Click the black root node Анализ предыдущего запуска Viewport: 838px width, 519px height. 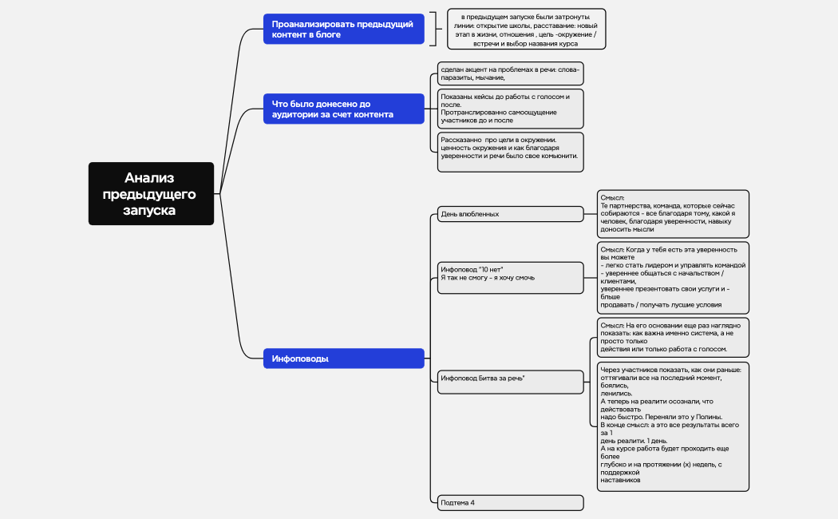point(152,194)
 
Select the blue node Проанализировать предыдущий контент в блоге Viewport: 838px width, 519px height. point(344,30)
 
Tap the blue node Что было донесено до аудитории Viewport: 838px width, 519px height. point(344,109)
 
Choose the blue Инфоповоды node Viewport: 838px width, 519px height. point(344,359)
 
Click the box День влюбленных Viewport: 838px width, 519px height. point(511,214)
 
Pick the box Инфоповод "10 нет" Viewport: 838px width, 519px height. point(511,277)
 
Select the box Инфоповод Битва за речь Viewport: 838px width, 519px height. point(511,381)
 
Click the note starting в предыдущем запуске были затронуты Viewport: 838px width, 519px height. point(525,30)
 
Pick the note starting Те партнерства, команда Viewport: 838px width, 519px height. point(673,213)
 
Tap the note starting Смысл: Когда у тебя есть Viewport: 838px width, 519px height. point(673,277)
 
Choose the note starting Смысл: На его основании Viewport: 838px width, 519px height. point(673,337)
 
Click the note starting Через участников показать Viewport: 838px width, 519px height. point(673,426)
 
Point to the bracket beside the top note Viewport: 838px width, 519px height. point(435,30)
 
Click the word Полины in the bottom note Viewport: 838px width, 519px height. point(708,417)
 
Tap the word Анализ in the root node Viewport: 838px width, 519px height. point(149,178)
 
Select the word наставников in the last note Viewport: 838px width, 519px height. point(620,481)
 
